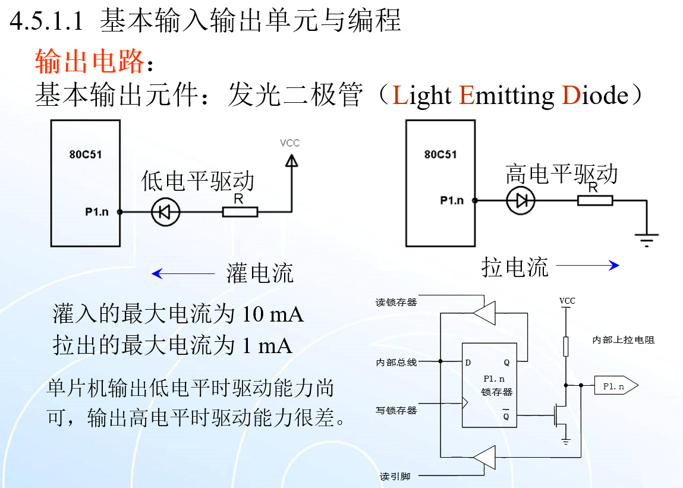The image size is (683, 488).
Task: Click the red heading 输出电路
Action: point(89,61)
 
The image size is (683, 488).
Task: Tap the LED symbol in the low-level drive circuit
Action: point(165,212)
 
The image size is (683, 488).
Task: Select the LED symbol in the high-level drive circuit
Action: point(521,200)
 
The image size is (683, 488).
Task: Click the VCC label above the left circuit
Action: point(289,143)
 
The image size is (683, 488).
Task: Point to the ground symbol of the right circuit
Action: point(646,240)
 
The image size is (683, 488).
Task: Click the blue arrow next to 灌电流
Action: point(182,273)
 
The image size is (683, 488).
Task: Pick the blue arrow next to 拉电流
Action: point(587,266)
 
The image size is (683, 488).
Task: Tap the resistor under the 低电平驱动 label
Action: point(240,212)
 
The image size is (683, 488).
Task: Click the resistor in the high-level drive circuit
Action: point(595,200)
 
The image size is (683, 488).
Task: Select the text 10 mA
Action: point(273,314)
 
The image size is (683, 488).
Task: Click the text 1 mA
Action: point(267,345)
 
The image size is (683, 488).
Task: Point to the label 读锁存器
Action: point(396,302)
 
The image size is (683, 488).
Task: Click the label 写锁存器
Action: point(396,410)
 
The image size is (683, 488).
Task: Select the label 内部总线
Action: point(396,362)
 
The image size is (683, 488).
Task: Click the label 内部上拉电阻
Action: point(624,340)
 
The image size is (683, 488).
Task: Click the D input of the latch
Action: point(468,362)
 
